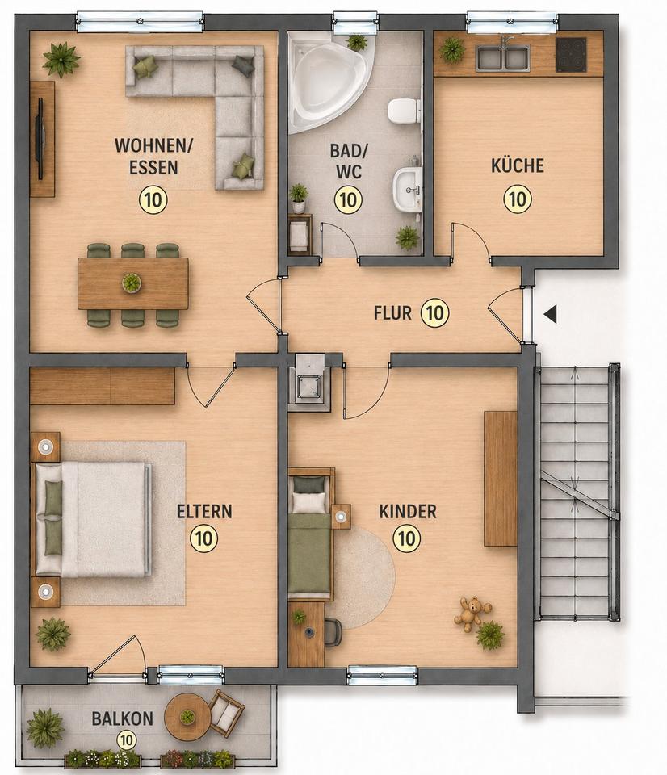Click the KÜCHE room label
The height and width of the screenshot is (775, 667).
517,165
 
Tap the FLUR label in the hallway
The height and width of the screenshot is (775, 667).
392,313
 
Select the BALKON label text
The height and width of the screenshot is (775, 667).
122,718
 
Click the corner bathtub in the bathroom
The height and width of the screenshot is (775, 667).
329,84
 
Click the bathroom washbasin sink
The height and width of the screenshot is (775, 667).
408,188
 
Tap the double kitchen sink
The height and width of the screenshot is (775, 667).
503,58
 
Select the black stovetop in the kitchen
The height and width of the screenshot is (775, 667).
571,54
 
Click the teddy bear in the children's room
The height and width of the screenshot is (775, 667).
472,613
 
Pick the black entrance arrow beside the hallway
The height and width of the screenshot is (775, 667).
550,313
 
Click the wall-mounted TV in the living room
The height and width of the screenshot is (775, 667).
40,138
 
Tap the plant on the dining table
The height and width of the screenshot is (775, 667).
132,283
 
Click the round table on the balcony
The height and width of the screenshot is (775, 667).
187,716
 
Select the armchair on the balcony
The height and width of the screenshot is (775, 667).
226,712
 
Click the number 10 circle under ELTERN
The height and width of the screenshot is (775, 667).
203,538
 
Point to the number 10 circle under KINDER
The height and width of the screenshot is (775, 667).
407,538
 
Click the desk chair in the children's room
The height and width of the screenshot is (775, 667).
333,632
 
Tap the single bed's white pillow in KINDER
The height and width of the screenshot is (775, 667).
309,502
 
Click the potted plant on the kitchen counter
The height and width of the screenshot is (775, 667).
452,50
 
